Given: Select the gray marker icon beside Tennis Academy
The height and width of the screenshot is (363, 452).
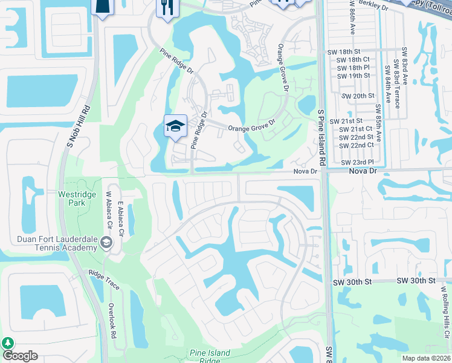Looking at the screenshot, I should [106, 243].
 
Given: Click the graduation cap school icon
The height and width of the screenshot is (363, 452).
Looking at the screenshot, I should [175, 126].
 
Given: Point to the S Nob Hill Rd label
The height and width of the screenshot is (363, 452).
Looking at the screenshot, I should [77, 125].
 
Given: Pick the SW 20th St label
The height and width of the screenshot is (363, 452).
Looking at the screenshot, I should [358, 96].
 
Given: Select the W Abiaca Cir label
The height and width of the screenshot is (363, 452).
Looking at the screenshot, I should [109, 212].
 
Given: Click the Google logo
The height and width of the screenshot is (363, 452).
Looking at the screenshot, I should [20, 356].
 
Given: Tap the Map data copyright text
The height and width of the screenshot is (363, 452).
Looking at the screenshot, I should [425, 358].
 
